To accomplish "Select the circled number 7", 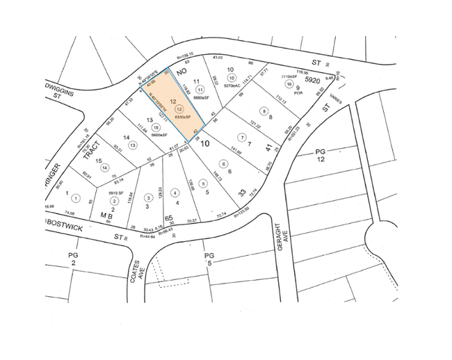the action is click(x=242, y=136).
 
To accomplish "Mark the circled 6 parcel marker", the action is click(x=225, y=163).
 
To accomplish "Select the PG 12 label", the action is click(x=321, y=155).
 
